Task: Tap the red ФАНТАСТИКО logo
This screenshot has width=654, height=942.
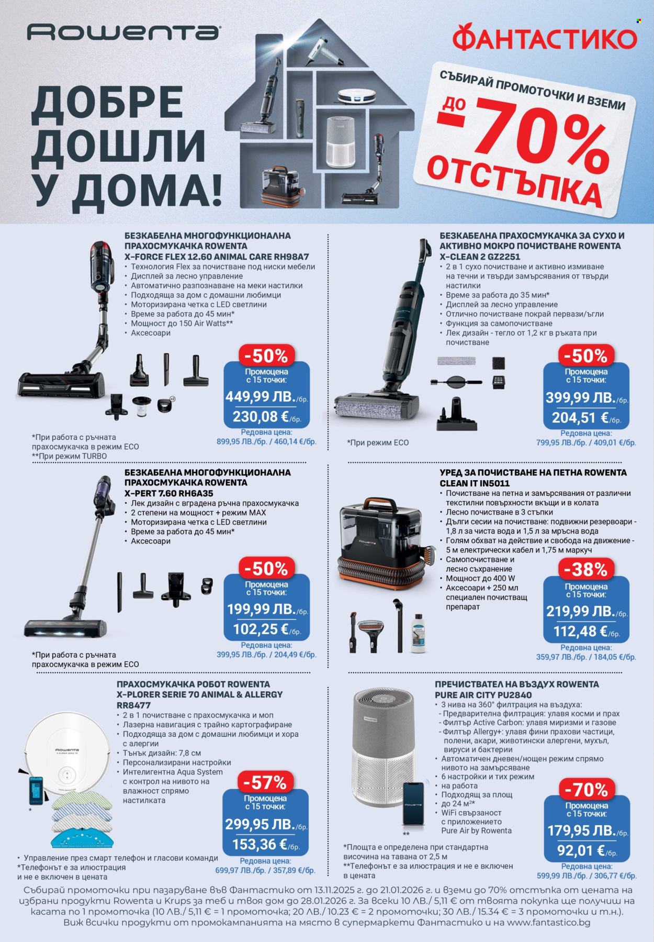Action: (x=544, y=39)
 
